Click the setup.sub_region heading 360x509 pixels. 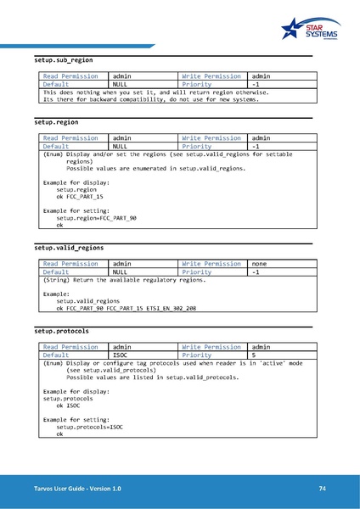(64, 61)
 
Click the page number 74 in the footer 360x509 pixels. (323, 489)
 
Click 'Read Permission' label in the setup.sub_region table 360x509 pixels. (70, 76)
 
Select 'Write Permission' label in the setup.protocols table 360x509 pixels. (211, 347)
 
